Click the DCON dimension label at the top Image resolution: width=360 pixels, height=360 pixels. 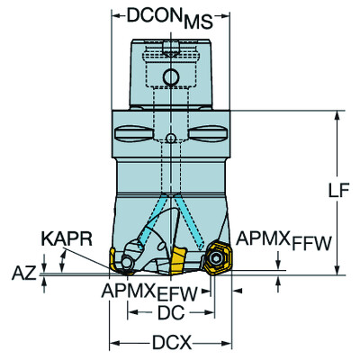(153, 15)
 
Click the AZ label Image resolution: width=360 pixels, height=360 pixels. (25, 271)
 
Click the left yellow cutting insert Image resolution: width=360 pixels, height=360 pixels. (118, 260)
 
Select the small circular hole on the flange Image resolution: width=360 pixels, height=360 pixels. (171, 137)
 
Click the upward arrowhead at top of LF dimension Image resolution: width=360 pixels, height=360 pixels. (337, 114)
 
